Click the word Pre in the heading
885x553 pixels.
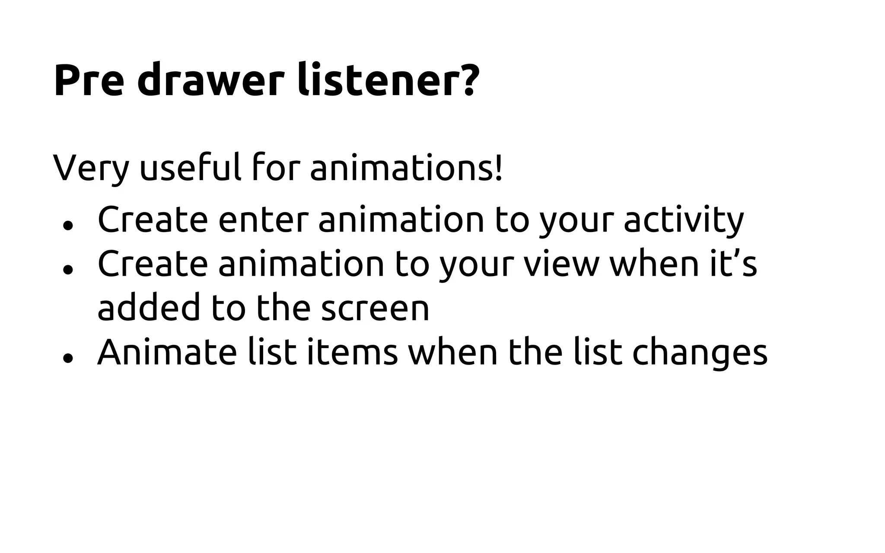[x=89, y=81]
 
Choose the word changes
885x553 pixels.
[x=700, y=353]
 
